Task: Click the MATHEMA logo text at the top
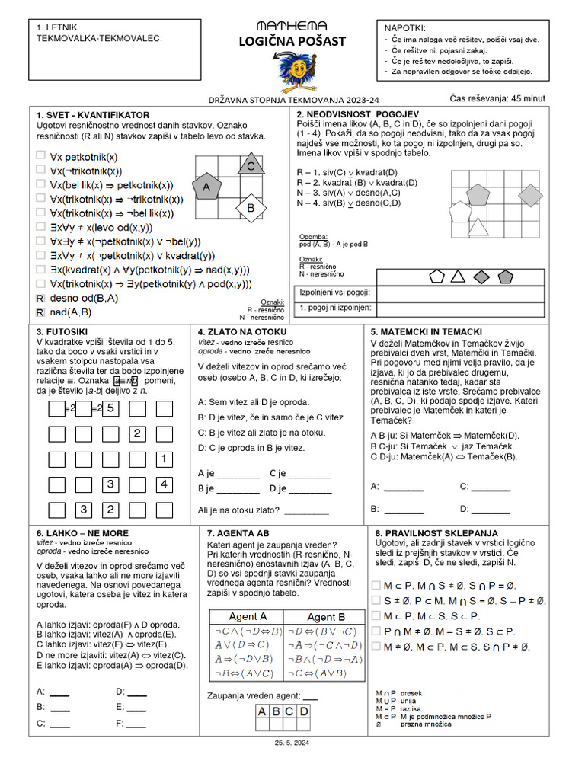(x=292, y=26)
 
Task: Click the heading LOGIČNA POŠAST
(x=292, y=41)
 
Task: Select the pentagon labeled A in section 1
(x=206, y=187)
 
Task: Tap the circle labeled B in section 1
(x=250, y=207)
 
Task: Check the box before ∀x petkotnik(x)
(x=40, y=155)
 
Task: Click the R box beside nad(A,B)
(x=40, y=312)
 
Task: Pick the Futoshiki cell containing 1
(x=163, y=459)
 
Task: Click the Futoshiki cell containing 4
(x=163, y=484)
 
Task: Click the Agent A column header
(x=248, y=616)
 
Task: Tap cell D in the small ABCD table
(x=303, y=711)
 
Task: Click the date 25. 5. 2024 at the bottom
(x=292, y=742)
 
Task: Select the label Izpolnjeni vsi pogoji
(x=336, y=292)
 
